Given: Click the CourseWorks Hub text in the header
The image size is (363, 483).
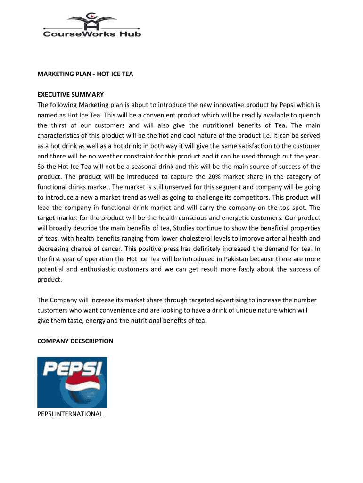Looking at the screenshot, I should [92, 33].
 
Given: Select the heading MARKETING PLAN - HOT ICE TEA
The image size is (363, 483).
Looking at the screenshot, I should [85, 74].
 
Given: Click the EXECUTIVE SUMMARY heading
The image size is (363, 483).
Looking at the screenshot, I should [71, 94].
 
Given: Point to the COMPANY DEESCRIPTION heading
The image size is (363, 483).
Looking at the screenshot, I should [75, 341].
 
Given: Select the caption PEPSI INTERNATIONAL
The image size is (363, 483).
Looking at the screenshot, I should [70, 414].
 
